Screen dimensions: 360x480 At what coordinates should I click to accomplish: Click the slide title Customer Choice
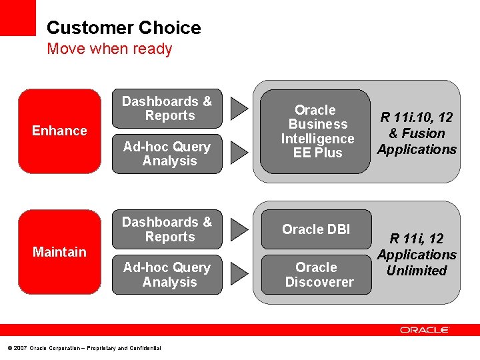(x=123, y=28)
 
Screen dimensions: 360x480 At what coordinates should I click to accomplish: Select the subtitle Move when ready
(x=109, y=49)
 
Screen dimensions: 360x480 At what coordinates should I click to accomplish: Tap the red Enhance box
(x=59, y=131)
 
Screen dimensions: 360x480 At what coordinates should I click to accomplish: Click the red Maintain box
(x=59, y=251)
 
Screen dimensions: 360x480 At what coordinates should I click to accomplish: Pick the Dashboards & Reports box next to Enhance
(x=167, y=109)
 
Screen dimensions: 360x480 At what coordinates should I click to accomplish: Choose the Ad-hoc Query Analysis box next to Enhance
(x=167, y=154)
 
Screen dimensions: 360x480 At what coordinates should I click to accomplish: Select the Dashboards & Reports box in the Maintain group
(x=167, y=229)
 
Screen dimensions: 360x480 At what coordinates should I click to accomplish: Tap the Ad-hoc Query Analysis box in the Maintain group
(x=167, y=275)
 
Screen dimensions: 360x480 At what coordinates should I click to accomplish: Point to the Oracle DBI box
(x=315, y=229)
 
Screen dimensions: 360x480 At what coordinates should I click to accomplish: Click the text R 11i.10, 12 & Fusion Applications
(x=417, y=133)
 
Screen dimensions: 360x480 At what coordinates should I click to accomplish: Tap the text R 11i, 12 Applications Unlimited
(x=417, y=255)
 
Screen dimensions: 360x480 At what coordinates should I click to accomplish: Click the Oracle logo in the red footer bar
(x=425, y=330)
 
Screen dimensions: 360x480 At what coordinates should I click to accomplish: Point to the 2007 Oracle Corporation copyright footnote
(x=83, y=348)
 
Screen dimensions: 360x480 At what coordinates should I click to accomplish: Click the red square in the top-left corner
(x=17, y=17)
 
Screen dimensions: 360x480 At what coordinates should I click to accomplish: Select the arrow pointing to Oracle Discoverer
(x=239, y=274)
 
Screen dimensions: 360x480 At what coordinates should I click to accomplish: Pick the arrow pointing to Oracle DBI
(x=239, y=229)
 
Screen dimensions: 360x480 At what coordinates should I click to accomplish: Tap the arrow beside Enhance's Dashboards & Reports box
(x=239, y=109)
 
